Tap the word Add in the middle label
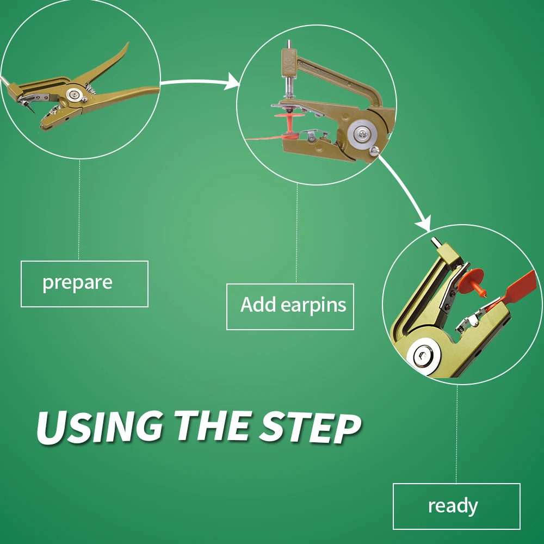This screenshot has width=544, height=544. [258, 304]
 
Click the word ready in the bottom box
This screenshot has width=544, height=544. [453, 506]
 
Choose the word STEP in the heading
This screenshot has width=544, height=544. [309, 427]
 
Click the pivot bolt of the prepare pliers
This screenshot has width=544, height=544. [73, 95]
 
